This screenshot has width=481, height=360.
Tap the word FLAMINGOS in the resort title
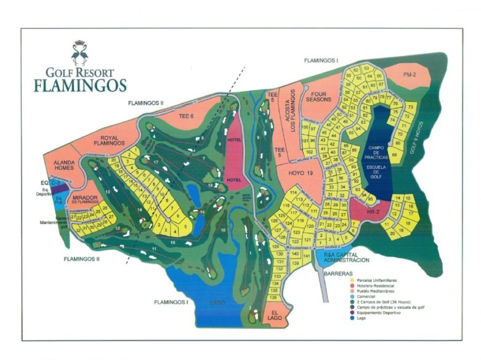pyautogui.click(x=80, y=84)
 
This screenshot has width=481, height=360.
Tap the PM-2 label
pyautogui.click(x=410, y=74)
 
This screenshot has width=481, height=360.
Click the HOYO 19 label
pyautogui.click(x=301, y=174)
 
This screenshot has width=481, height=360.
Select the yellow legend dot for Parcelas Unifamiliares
pyautogui.click(x=342, y=280)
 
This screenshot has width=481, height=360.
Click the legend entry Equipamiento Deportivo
pyautogui.click(x=372, y=313)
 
